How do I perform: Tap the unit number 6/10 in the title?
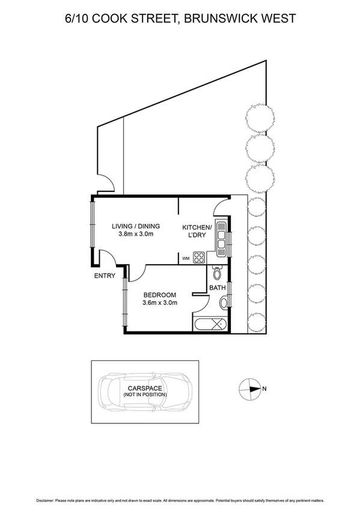(78, 19)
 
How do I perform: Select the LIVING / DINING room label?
(136, 226)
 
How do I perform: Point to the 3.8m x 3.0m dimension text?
(136, 235)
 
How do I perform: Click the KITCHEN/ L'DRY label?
(197, 231)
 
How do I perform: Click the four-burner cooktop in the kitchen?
(200, 258)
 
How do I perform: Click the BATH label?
(217, 288)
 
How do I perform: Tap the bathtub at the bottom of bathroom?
(209, 325)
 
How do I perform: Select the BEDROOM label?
(159, 295)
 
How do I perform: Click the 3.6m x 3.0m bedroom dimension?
(159, 303)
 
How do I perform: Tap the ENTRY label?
(104, 276)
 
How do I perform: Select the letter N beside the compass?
(264, 389)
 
